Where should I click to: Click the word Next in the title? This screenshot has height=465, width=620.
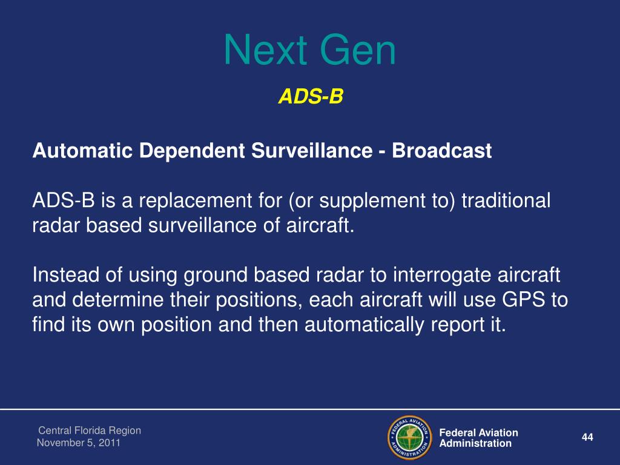[x=266, y=50]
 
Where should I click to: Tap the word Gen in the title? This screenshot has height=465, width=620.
[x=357, y=50]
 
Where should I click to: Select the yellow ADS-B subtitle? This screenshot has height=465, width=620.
[x=311, y=96]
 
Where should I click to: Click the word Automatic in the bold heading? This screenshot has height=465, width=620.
[x=82, y=151]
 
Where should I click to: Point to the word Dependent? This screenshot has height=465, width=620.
[x=192, y=151]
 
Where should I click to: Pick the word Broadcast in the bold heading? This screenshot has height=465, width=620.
[x=441, y=151]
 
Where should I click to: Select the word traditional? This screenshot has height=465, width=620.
[x=506, y=200]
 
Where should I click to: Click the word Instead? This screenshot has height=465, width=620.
[x=65, y=275]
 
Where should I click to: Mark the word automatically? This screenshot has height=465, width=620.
[x=364, y=325]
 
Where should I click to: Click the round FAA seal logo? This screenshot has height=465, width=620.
[x=410, y=438]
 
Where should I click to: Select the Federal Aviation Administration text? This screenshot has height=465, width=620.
[x=478, y=438]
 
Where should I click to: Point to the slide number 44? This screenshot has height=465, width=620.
[x=587, y=437]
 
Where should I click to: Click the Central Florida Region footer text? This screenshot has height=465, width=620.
[x=90, y=430]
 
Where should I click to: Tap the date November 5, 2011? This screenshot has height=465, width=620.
[x=78, y=443]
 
